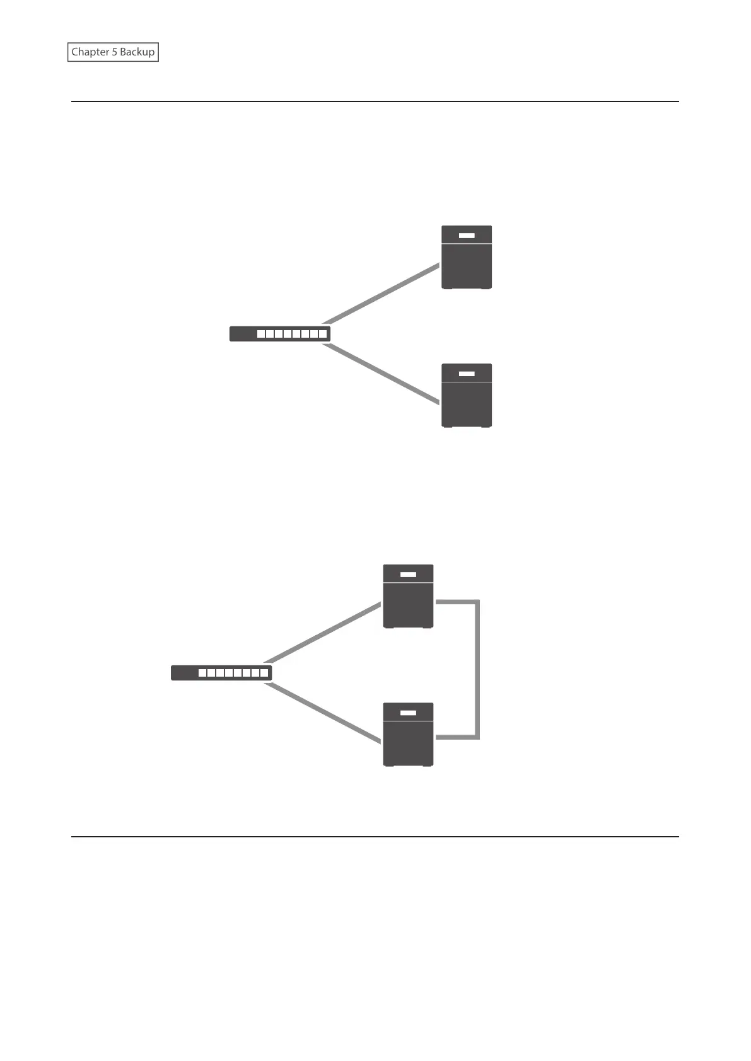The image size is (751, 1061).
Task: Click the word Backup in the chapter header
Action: (137, 52)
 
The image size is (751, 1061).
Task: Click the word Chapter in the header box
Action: (90, 52)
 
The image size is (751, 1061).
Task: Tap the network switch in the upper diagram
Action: (279, 334)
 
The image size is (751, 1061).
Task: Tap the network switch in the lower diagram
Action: (221, 673)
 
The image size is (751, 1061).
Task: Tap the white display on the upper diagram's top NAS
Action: (466, 236)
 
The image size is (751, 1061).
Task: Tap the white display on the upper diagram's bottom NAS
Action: (466, 374)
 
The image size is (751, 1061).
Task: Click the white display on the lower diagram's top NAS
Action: (408, 575)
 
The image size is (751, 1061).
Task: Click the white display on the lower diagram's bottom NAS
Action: (408, 713)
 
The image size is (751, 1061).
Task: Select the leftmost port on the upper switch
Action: (261, 334)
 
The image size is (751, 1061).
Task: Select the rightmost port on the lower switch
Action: (264, 673)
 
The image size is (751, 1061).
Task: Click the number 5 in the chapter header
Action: (115, 52)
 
